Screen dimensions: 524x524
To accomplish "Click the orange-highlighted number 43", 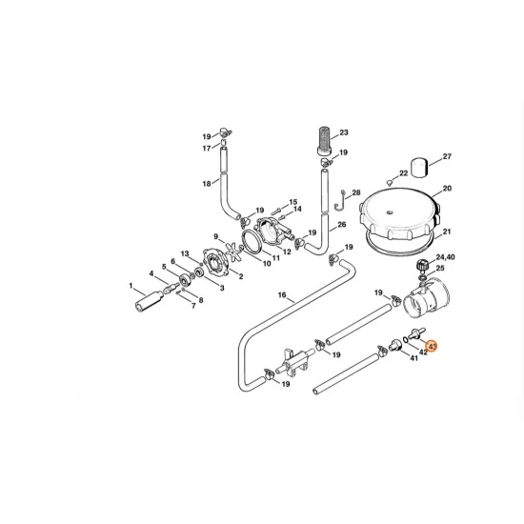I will pyautogui.click(x=432, y=347).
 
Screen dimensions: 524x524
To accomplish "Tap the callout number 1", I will pyautogui.click(x=131, y=285).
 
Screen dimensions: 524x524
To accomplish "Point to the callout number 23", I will pyautogui.click(x=344, y=132).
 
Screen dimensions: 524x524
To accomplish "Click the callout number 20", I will pyautogui.click(x=447, y=189).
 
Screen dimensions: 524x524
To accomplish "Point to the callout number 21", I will pyautogui.click(x=447, y=232).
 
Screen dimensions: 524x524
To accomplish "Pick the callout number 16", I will pyautogui.click(x=282, y=296).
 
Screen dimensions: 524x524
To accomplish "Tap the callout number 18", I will pyautogui.click(x=207, y=183).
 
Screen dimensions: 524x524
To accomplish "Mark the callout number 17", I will pyautogui.click(x=207, y=149).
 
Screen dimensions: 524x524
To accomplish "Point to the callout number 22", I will pyautogui.click(x=403, y=173).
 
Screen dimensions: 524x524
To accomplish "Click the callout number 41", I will pyautogui.click(x=413, y=358).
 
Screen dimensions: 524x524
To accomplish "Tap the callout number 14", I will pyautogui.click(x=296, y=209).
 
